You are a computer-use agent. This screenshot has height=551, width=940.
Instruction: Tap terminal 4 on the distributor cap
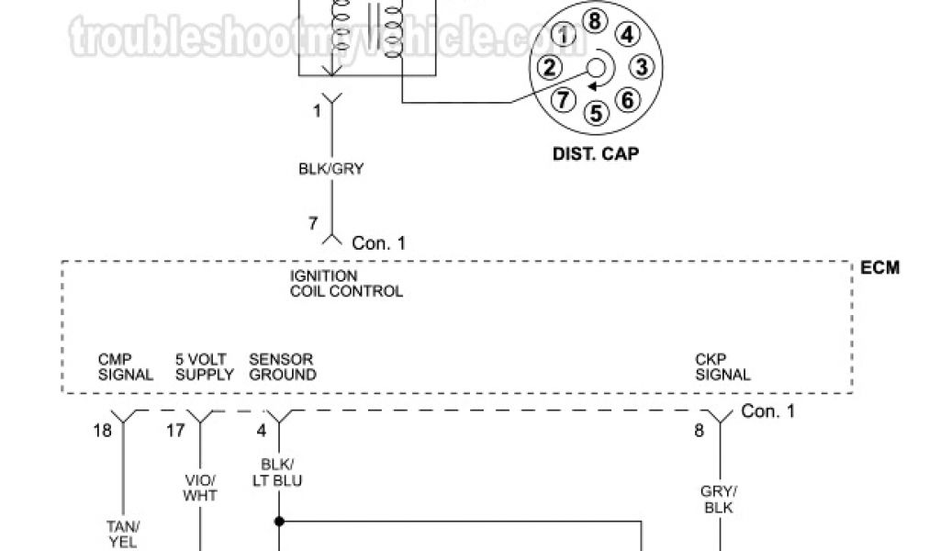click(x=628, y=35)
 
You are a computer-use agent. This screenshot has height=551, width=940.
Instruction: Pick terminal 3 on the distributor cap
click(x=643, y=66)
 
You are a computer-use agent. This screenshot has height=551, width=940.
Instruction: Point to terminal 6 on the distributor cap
click(x=627, y=100)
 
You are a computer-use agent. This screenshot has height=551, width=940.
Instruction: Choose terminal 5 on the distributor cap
click(x=597, y=113)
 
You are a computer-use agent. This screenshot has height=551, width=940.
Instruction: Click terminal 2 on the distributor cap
click(x=550, y=67)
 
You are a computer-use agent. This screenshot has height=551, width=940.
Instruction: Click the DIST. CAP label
click(x=596, y=154)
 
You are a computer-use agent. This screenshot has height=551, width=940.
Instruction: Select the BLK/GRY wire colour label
click(x=331, y=169)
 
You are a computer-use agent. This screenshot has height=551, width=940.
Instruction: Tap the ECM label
click(x=880, y=268)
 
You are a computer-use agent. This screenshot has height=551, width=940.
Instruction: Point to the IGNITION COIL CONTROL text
click(x=346, y=284)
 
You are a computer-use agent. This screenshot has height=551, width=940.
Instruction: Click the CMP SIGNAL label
click(x=125, y=367)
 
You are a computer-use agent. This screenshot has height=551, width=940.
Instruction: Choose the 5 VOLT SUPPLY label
click(x=201, y=367)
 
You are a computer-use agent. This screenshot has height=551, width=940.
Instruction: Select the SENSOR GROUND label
click(x=282, y=367)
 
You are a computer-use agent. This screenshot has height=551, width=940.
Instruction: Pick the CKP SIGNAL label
click(x=722, y=367)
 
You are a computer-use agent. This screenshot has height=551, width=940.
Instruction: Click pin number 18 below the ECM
click(x=103, y=429)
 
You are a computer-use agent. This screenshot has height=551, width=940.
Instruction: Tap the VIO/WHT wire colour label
click(x=200, y=488)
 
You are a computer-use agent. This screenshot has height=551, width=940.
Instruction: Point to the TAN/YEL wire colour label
click(x=123, y=535)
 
